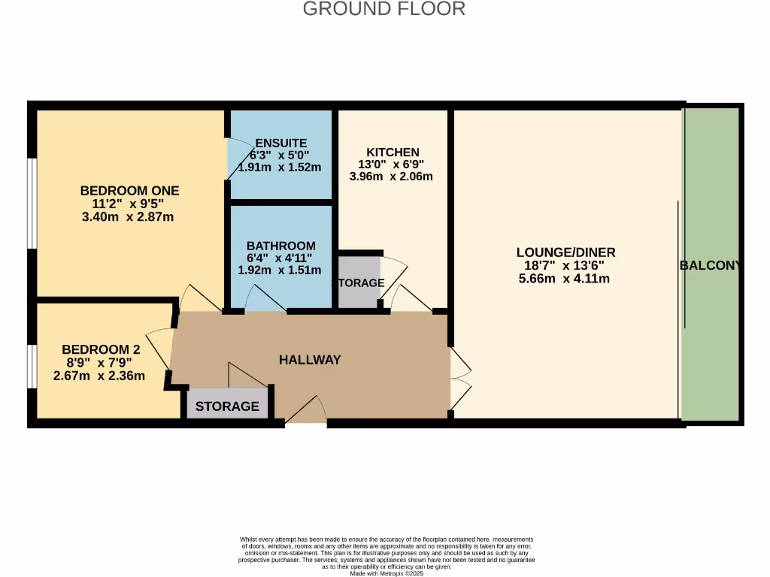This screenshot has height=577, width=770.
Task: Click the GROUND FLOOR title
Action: tap(384, 9)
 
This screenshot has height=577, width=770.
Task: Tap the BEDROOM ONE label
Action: tap(129, 190)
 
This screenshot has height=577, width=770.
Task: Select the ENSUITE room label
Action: tap(281, 143)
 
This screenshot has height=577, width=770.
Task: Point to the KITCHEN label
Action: tap(393, 152)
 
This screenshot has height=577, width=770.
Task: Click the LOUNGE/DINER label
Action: tap(565, 252)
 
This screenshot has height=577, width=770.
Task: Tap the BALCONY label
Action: tap(710, 265)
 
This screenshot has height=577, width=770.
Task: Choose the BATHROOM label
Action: tap(281, 246)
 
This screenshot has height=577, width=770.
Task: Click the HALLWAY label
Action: tap(310, 360)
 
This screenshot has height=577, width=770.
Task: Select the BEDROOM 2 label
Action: tap(101, 349)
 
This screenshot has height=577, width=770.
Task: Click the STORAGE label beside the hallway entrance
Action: tap(227, 406)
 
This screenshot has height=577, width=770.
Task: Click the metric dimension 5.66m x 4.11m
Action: tap(564, 279)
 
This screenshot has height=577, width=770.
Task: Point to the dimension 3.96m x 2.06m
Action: tap(391, 176)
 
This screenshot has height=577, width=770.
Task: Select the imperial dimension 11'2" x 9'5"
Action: tap(128, 204)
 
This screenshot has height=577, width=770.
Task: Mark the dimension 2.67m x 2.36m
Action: tap(99, 376)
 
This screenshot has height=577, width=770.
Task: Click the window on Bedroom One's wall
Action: tap(32, 203)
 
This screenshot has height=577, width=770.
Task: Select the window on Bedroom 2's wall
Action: tap(32, 366)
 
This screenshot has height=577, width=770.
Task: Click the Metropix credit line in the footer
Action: tap(387, 573)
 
